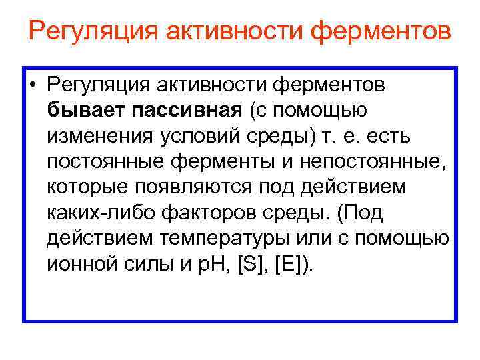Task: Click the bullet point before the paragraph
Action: (x=33, y=86)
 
